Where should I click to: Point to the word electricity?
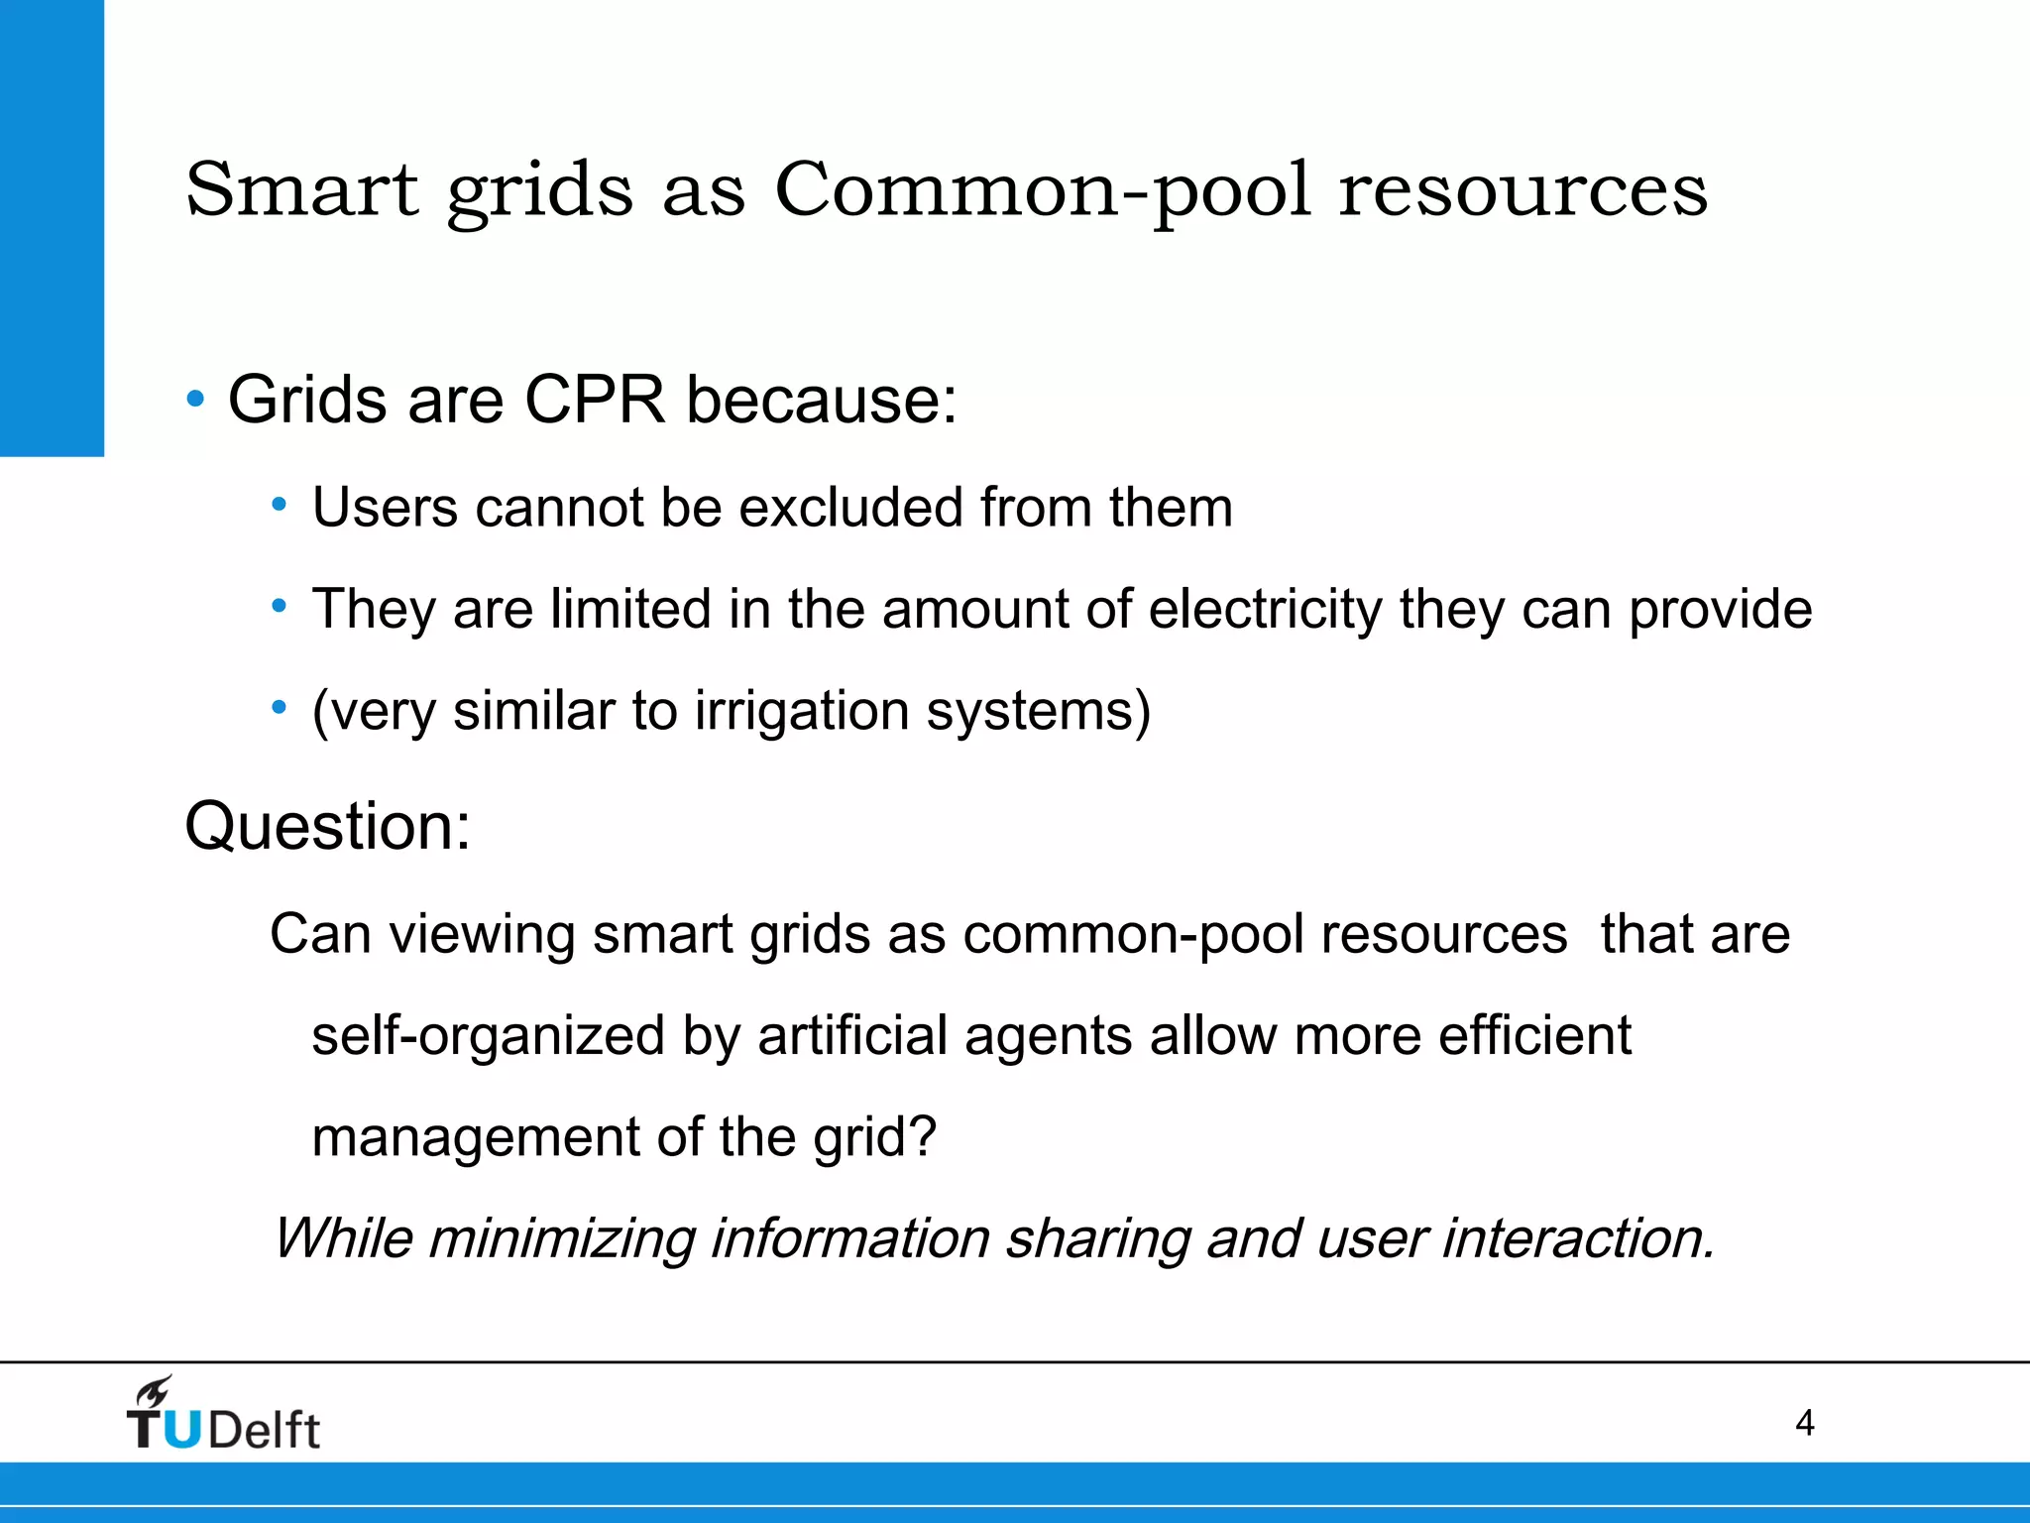1265,610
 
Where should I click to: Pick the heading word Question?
327,826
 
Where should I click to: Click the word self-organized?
488,1036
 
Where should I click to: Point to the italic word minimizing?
561,1239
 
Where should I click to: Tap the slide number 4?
1804,1424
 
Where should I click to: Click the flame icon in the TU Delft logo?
155,1392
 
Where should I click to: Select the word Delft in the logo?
264,1430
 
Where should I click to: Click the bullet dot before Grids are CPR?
195,400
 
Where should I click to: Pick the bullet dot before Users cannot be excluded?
280,507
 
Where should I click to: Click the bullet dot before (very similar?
280,709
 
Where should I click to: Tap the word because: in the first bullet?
822,400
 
